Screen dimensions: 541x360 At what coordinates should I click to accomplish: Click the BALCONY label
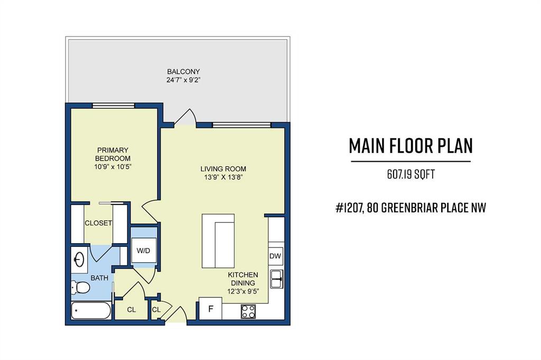tap(183, 72)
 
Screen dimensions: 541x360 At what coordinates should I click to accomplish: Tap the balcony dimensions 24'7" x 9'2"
tap(183, 80)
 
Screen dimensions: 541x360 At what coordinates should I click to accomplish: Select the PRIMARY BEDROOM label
tap(113, 154)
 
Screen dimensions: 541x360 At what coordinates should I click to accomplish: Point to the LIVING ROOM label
tap(223, 169)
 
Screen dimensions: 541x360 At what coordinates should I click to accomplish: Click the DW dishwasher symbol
tap(275, 256)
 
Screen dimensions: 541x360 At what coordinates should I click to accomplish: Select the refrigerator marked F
tap(210, 309)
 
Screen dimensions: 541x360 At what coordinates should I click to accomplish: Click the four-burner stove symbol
tap(248, 311)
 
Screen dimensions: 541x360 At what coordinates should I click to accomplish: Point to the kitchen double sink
tap(276, 279)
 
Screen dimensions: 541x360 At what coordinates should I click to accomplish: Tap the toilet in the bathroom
tap(80, 287)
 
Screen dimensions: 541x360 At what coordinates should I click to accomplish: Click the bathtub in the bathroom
tap(91, 311)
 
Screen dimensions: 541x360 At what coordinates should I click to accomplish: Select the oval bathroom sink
tap(79, 260)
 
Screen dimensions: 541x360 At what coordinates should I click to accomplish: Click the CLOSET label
tap(98, 223)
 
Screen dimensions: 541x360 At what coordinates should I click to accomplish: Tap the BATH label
tap(99, 278)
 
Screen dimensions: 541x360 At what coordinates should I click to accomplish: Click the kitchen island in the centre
tap(218, 241)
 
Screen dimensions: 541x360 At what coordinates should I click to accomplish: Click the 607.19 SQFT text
tap(411, 174)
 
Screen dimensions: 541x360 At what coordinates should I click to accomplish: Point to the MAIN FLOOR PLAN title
tap(411, 146)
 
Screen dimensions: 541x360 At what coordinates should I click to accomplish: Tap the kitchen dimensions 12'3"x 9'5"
tap(243, 291)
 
